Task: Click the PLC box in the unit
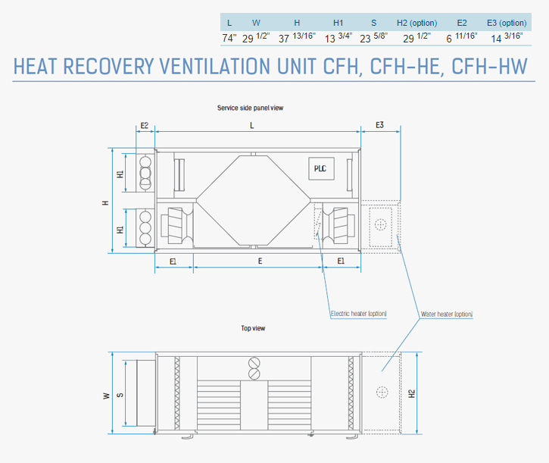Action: click(x=321, y=168)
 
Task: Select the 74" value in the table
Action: click(x=229, y=38)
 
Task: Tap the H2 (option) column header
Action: click(x=416, y=23)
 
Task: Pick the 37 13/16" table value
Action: click(x=297, y=37)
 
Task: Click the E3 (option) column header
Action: click(x=507, y=23)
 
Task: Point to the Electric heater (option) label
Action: click(x=358, y=314)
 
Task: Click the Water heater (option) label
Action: click(x=447, y=314)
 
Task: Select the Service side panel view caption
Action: click(x=250, y=108)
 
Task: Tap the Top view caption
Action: click(x=253, y=328)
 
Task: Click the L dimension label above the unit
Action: click(x=251, y=126)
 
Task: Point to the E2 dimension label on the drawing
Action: click(x=144, y=126)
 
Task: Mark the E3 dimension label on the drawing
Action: click(x=379, y=125)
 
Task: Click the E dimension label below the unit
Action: click(x=260, y=261)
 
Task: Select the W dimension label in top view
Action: click(x=107, y=396)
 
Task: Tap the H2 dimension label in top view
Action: click(x=412, y=393)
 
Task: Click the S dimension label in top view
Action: click(x=120, y=395)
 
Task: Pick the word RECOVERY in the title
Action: click(x=108, y=66)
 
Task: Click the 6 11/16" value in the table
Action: click(x=461, y=37)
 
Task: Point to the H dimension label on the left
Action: click(x=105, y=203)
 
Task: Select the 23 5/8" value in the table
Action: click(x=373, y=37)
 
